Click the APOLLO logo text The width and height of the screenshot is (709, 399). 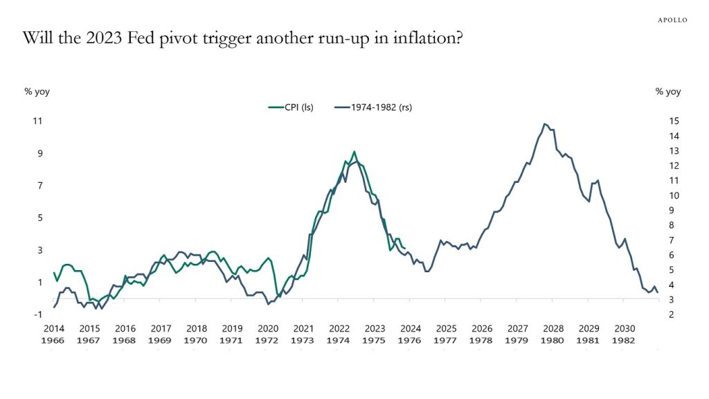(672, 20)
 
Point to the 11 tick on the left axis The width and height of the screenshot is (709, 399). (38, 121)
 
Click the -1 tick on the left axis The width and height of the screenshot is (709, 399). (38, 314)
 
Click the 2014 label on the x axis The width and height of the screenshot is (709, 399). (54, 329)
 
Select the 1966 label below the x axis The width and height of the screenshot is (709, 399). (54, 341)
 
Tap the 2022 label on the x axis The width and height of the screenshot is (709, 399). (339, 329)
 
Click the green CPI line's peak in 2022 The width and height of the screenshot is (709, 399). (354, 151)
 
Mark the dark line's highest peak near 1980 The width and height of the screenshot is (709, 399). (545, 124)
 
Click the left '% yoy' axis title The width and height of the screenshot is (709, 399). (37, 91)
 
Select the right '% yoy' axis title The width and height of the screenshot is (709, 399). (668, 91)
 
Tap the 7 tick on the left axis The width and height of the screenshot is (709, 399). (38, 186)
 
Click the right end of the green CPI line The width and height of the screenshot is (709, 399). (405, 248)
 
